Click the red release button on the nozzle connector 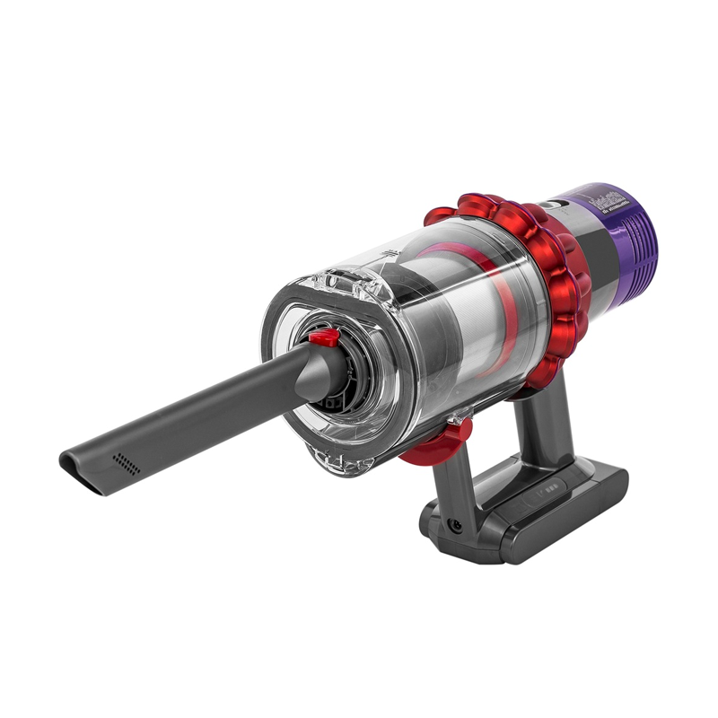[x=326, y=337]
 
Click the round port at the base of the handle [x=457, y=525]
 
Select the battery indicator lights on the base [x=546, y=492]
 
